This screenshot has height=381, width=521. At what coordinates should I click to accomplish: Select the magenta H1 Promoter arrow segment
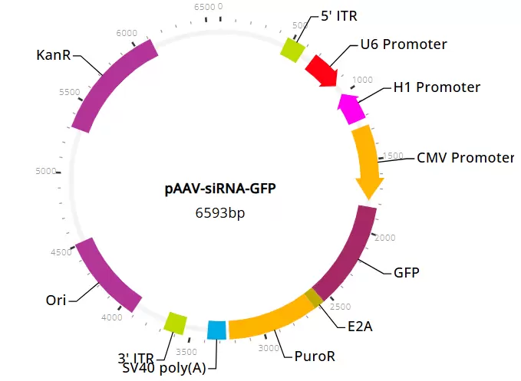point(349,108)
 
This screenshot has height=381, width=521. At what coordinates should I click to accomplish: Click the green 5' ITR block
point(292,50)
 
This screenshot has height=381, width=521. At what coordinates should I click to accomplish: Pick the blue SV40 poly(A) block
point(217,330)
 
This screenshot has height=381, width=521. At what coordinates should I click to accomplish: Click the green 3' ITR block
point(176,323)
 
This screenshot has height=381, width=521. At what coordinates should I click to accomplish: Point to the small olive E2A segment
point(314,298)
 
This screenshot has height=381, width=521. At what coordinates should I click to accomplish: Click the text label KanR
point(55,55)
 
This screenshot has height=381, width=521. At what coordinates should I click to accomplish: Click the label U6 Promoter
point(403,44)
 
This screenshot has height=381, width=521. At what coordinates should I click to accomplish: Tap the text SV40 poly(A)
point(163,368)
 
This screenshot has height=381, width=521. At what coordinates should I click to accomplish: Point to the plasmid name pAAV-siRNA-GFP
point(220,189)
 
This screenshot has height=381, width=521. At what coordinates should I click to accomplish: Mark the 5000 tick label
point(46,171)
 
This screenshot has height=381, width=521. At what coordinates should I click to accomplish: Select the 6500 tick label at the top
point(205,7)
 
